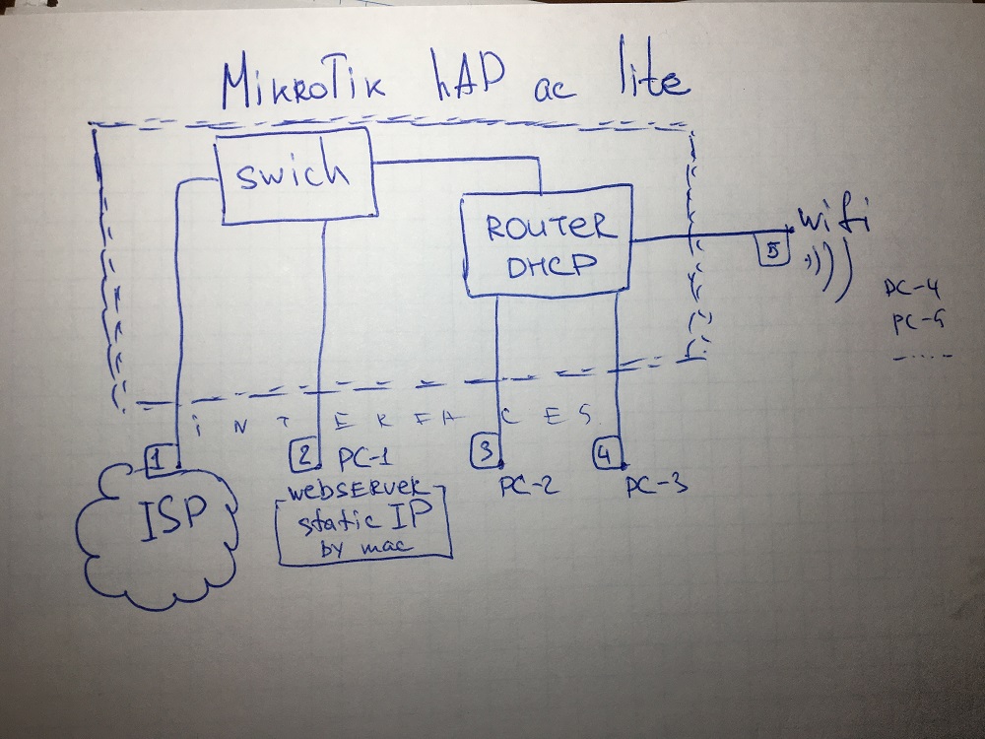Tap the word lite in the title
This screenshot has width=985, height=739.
[640, 79]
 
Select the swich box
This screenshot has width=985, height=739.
[294, 175]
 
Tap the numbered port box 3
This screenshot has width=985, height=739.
[486, 452]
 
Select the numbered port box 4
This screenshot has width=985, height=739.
[606, 454]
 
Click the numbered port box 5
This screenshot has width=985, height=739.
[773, 250]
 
